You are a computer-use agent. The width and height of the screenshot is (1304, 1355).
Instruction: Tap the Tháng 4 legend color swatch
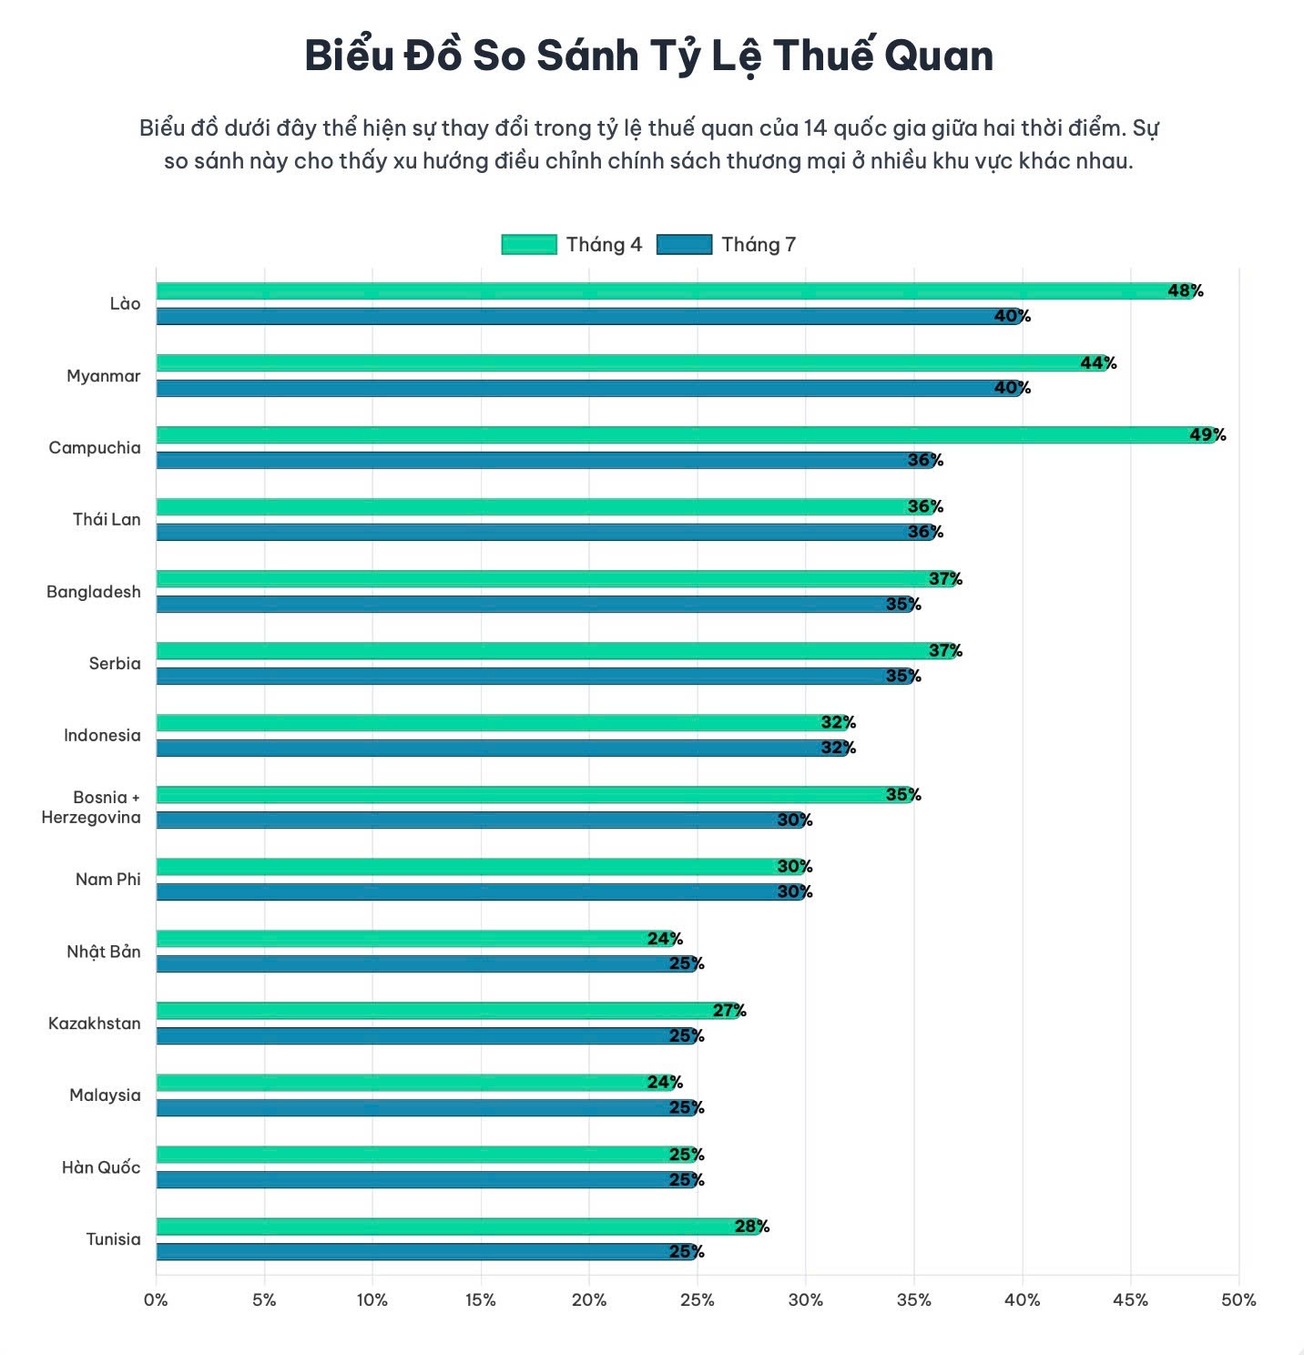point(528,244)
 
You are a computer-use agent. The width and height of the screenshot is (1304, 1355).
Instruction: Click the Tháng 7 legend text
point(758,244)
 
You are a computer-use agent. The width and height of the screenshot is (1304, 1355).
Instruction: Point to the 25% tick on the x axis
point(697,1299)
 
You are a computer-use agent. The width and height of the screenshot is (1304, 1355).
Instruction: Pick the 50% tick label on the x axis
point(1238,1299)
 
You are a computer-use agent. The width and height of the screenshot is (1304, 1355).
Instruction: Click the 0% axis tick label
point(156,1299)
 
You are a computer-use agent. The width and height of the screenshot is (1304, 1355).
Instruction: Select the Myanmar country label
point(103,376)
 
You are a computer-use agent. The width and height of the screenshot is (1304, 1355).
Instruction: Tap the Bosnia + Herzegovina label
point(91,807)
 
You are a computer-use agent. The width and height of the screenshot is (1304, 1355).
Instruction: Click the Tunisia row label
point(113,1239)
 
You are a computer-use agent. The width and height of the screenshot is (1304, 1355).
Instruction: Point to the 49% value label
point(1207,435)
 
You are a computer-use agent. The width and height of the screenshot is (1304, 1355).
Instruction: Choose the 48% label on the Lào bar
point(1185,291)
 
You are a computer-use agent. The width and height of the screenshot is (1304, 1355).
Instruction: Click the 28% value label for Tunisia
point(751,1227)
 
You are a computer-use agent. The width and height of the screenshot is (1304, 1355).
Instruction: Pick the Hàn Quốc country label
point(101,1167)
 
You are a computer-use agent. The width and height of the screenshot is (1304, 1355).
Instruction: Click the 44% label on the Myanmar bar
point(1098,363)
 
